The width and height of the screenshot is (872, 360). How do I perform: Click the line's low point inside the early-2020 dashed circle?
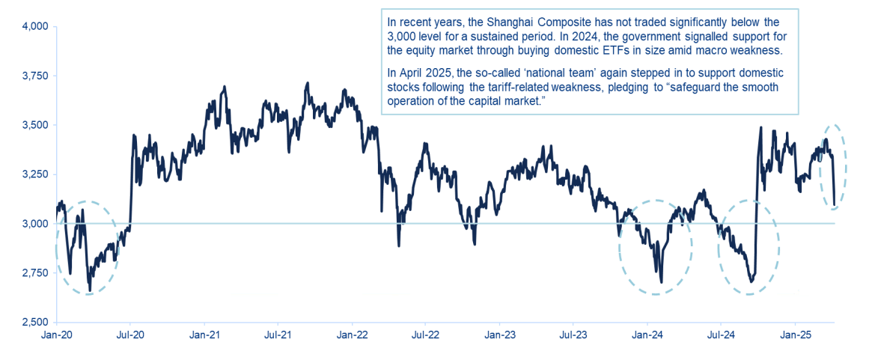pyautogui.click(x=90, y=290)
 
